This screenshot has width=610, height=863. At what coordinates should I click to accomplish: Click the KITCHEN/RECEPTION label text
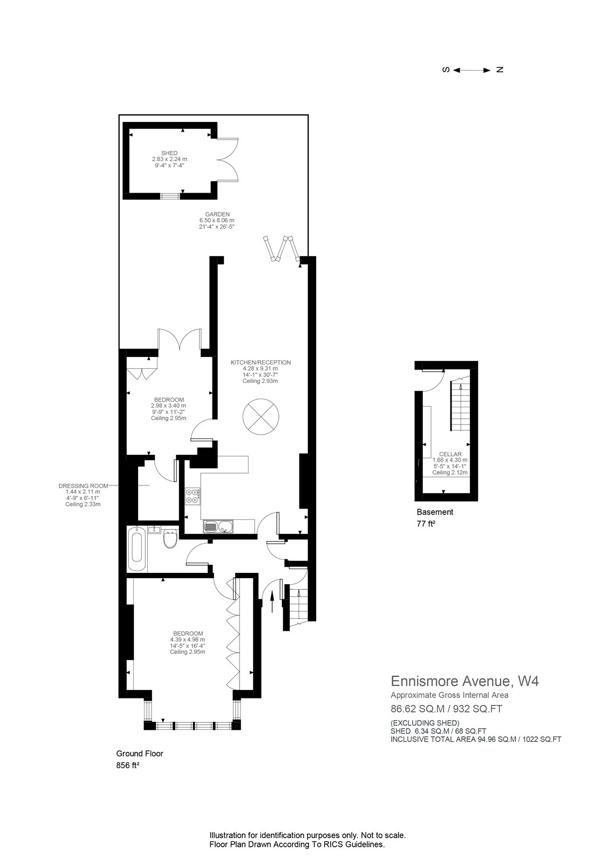261,362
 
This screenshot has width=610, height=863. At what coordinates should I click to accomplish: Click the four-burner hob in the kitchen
193,496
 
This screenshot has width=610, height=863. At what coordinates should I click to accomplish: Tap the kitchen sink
217,526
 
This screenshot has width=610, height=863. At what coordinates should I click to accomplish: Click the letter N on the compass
499,70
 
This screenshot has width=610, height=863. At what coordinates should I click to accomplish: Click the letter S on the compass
446,70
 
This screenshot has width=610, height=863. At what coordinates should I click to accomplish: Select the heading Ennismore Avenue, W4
464,681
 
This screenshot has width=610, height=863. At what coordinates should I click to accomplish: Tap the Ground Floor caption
140,754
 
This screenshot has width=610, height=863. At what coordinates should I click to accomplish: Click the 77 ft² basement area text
426,523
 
